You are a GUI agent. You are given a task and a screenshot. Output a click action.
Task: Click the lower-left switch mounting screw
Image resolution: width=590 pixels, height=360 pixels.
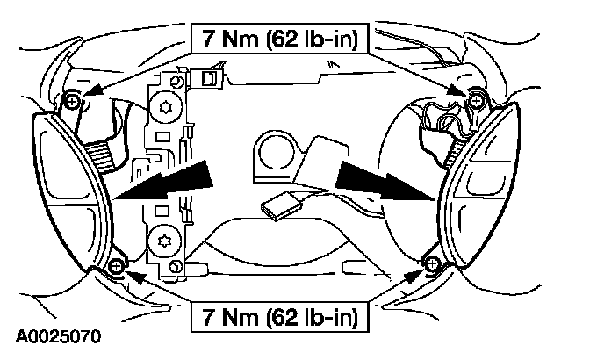tap(118, 263)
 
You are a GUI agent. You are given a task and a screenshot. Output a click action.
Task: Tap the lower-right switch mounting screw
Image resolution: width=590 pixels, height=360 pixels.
tap(429, 262)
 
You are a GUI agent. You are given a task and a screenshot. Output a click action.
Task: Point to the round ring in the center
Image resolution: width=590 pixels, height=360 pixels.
tap(276, 150)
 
